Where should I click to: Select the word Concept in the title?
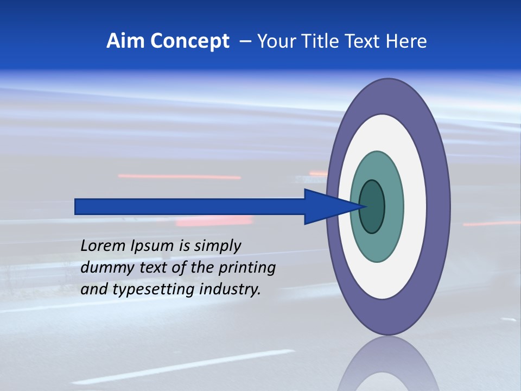click(189, 41)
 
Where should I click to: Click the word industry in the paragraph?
click(230, 289)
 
